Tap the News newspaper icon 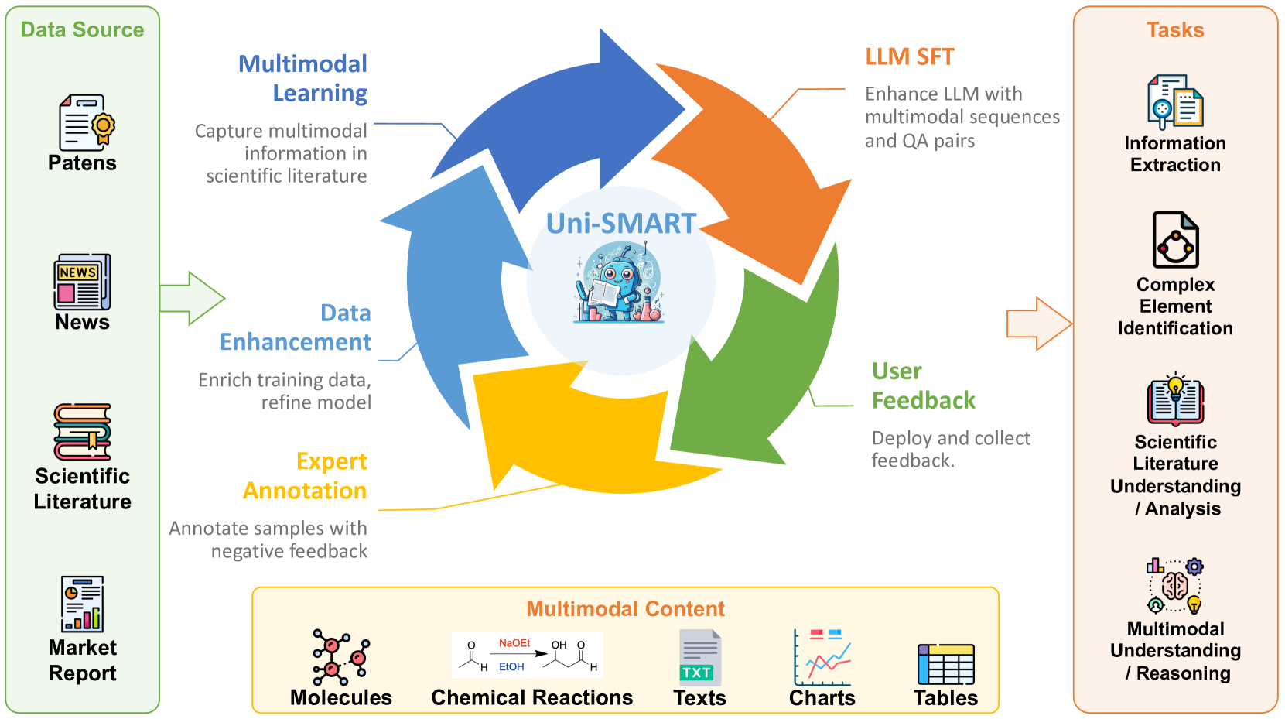pos(82,282)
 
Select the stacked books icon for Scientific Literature pos(83,432)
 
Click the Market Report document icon pos(83,604)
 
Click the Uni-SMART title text pos(621,224)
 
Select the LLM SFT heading pos(910,57)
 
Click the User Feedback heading pos(922,385)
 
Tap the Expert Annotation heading pos(306,476)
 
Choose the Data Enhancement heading pos(297,327)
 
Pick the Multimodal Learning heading pos(304,78)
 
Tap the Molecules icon pos(340,657)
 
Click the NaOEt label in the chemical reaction pos(514,643)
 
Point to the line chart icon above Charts pos(822,658)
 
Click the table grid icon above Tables pos(945,663)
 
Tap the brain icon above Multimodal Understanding pos(1174,586)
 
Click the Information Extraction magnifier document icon pos(1174,101)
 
